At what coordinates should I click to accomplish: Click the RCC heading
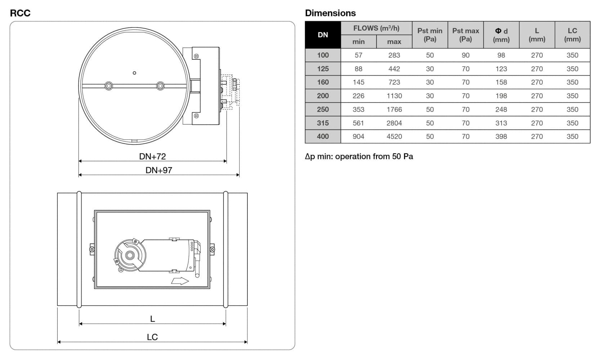(20, 13)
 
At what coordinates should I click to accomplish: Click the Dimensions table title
(330, 13)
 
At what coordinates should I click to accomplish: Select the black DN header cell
(323, 35)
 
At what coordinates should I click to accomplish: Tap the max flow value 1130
(394, 96)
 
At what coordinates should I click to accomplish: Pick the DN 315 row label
(323, 123)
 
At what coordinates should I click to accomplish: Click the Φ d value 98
(501, 55)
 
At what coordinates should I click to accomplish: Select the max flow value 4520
(394, 136)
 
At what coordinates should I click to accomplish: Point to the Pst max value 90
(465, 55)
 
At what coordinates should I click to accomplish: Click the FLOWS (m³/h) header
(376, 28)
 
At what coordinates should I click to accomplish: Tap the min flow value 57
(358, 55)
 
